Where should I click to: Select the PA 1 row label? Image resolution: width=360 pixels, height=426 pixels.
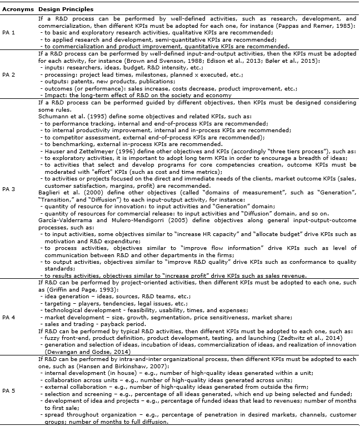point(9,32)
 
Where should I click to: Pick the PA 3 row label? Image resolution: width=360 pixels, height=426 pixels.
point(9,189)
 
